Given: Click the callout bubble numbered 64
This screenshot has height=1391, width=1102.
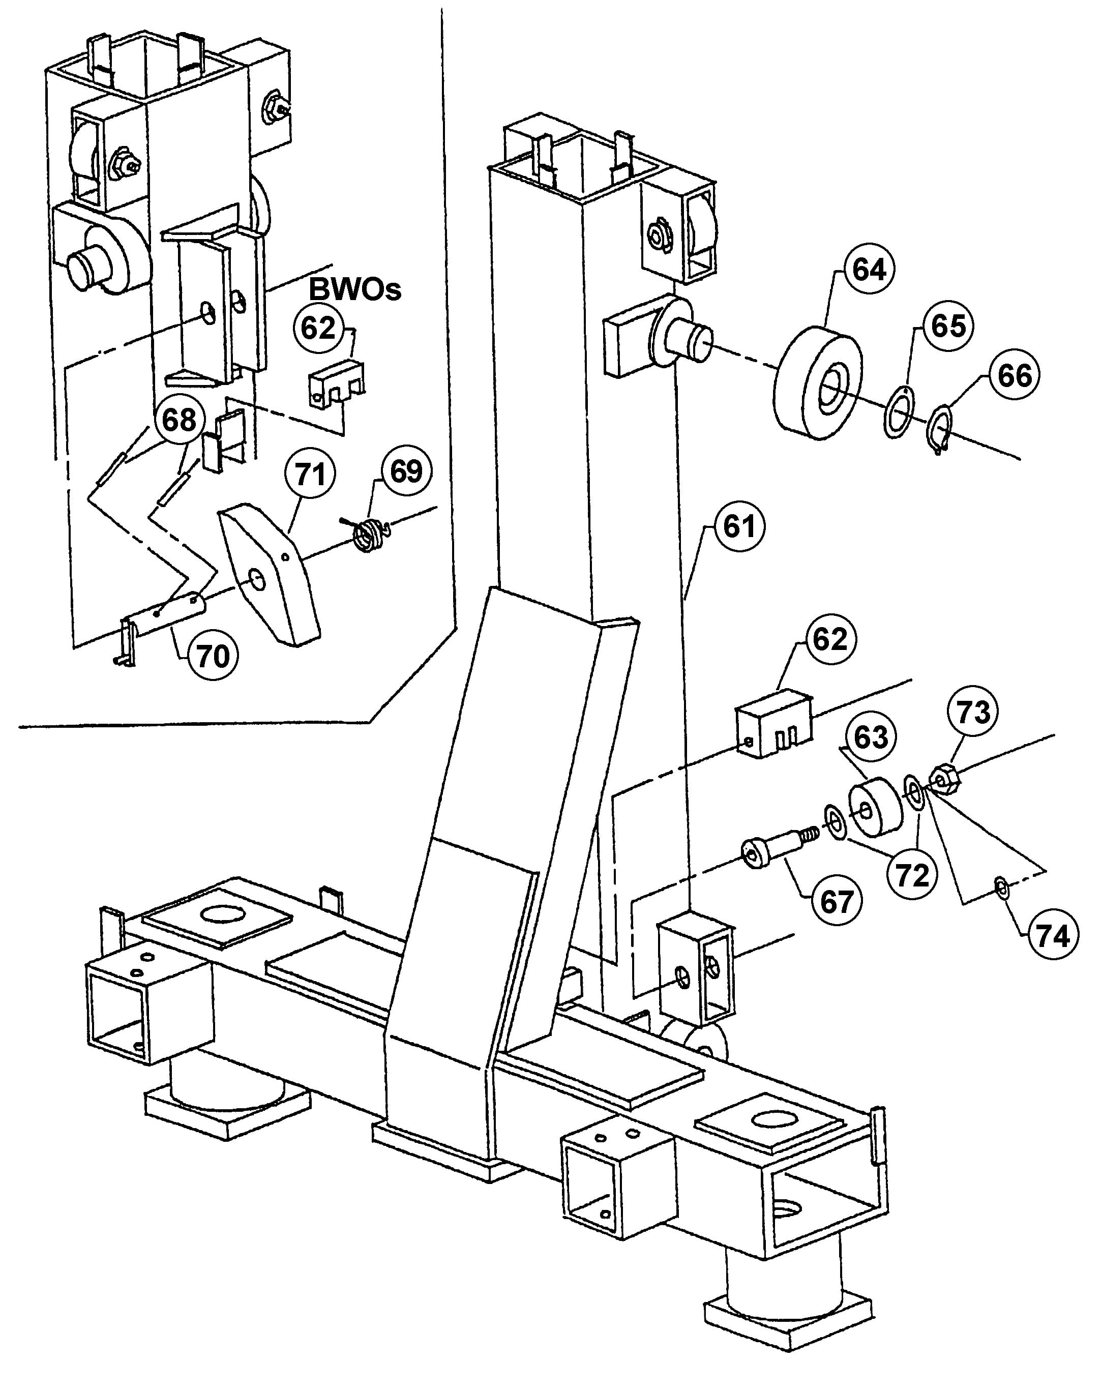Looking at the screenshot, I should pos(869,270).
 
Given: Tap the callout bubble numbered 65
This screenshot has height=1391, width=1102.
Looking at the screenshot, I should pos(948,326).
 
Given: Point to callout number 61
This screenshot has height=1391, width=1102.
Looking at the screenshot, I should pos(739,527).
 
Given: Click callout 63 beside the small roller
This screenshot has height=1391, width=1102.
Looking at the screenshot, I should pos(871,737).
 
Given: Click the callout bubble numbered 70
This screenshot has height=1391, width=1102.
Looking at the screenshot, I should pos(212,657).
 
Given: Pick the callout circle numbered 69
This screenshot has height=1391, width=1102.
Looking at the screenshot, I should pos(406,471).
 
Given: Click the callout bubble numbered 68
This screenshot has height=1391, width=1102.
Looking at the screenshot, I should pos(178,420).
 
